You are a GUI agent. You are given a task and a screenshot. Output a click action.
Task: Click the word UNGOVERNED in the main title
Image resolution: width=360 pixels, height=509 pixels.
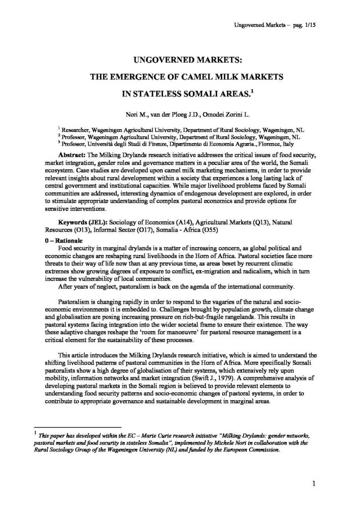158,60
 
